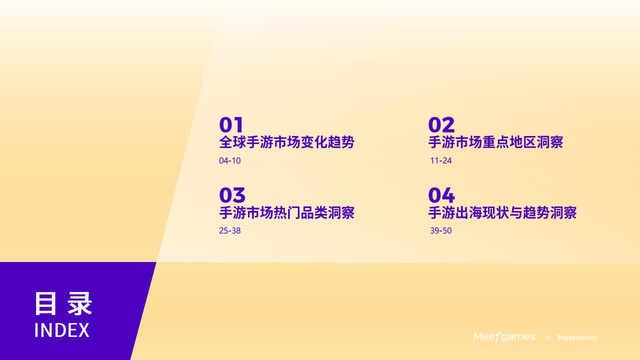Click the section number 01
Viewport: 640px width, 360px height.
[231, 124]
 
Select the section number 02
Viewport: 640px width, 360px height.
[441, 124]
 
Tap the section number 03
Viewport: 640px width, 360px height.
[232, 195]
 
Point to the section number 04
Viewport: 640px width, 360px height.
[441, 195]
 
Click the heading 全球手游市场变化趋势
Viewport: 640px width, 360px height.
[287, 142]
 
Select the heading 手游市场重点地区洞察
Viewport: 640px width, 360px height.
[495, 142]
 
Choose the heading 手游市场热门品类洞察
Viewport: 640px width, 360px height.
[287, 212]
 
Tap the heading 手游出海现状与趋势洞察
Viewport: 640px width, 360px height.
[502, 212]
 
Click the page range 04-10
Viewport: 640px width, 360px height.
[229, 160]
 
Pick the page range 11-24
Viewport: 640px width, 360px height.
[441, 160]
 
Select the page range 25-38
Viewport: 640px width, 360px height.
[229, 230]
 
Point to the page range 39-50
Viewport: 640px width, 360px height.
[441, 230]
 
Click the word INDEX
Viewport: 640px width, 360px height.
[62, 330]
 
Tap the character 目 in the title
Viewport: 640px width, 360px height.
[45, 303]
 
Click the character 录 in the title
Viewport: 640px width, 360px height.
[79, 303]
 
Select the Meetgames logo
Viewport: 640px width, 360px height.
[504, 336]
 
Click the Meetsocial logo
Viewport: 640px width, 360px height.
[577, 337]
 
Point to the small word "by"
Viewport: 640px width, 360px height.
[547, 337]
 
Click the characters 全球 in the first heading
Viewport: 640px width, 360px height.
[232, 142]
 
